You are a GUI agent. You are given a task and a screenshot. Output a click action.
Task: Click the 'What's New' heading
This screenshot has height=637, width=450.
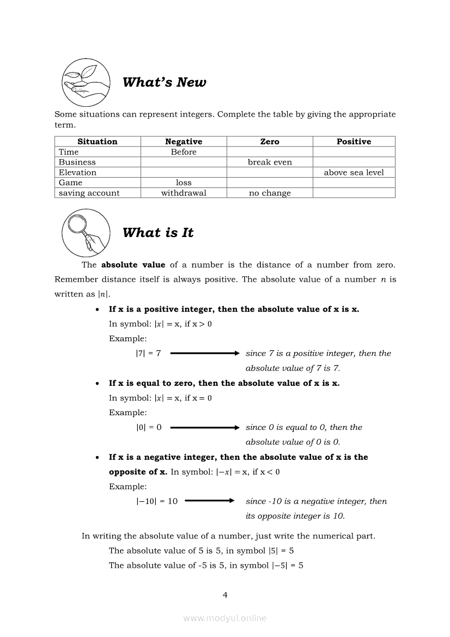point(164,82)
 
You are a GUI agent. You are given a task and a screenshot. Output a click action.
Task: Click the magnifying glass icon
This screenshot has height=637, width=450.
point(86,233)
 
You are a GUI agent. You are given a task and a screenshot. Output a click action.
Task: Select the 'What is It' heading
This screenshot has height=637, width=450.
point(158,233)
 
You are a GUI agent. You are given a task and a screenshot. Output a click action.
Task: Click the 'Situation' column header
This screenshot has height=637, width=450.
point(98,142)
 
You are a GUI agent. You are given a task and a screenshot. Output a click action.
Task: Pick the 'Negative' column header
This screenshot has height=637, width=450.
point(184,142)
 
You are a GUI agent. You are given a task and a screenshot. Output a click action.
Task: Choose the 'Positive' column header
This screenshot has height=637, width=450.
point(354,142)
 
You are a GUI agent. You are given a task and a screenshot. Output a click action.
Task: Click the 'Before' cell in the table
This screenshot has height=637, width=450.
point(184,152)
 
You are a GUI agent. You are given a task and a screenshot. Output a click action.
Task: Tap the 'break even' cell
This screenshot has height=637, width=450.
point(270,162)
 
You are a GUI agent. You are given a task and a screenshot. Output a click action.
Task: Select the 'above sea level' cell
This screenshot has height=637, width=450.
point(354,173)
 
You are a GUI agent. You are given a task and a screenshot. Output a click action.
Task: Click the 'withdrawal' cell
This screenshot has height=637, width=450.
point(184,193)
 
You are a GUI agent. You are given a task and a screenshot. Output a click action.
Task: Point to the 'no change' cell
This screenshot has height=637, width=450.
point(270,193)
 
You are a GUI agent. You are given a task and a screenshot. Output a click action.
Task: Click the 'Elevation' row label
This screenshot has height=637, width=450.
point(78,173)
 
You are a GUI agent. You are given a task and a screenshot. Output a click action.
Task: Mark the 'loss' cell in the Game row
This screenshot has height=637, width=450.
point(184,183)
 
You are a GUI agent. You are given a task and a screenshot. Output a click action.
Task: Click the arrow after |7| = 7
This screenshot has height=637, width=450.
point(205,353)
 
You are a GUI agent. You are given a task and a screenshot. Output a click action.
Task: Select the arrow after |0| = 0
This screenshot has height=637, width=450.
point(205,427)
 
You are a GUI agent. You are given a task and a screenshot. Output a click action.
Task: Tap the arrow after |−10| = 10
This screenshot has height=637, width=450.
point(209,501)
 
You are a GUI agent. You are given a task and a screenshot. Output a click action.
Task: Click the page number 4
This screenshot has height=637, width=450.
point(225,595)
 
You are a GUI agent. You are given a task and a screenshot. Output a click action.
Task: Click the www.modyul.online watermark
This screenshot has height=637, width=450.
point(225,618)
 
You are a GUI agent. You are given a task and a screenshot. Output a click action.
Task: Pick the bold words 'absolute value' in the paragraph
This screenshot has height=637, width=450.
point(133,265)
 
